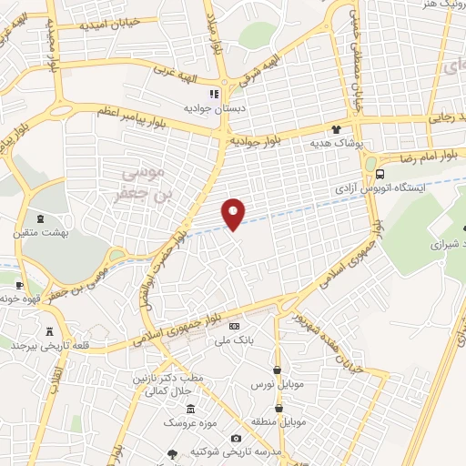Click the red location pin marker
234,213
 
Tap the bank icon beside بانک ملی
234,326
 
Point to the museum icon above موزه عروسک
189,409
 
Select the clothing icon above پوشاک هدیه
336,130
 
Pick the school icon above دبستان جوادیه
215,93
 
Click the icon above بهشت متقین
40,218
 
